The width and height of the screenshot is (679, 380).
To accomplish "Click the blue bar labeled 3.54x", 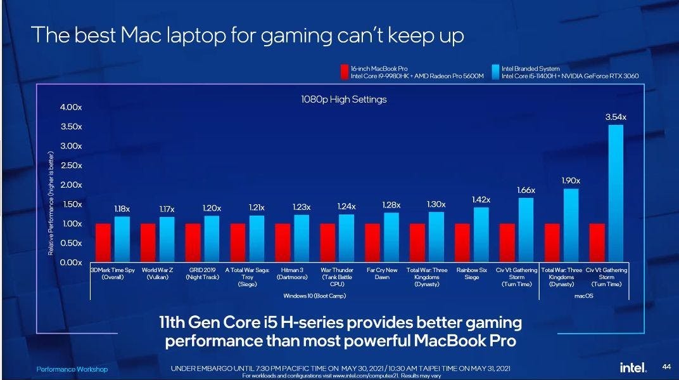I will (615, 193).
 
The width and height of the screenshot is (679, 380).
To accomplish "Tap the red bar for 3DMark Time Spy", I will (103, 242).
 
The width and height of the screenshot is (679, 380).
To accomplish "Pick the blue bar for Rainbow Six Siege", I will (481, 234).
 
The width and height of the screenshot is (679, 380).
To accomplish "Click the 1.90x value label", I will (571, 181).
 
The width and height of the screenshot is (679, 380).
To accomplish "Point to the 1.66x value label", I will (526, 190).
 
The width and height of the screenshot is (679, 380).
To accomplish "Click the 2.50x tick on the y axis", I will (72, 166).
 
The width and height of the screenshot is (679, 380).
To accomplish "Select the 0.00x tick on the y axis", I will (72, 263).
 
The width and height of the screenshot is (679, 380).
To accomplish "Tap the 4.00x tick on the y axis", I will (72, 107).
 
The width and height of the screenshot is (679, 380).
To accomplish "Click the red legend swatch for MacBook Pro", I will (345, 72).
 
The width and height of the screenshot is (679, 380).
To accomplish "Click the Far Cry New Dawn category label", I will (382, 273).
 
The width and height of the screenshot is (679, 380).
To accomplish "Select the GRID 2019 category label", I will (202, 273).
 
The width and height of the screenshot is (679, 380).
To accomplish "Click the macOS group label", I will (583, 296).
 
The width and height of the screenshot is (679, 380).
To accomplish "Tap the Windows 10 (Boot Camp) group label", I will (314, 296).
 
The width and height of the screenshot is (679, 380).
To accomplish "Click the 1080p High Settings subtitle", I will (343, 100).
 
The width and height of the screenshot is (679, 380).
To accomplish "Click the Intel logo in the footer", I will (633, 367).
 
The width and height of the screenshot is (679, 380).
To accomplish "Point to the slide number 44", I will (666, 367).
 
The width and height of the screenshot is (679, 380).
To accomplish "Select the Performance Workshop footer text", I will (72, 369).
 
